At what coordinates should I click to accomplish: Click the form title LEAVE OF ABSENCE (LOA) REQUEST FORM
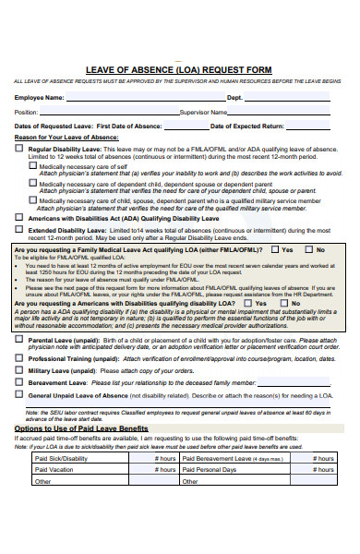pyautogui.click(x=179, y=68)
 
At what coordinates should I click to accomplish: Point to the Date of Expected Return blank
pyautogui.click(x=315, y=127)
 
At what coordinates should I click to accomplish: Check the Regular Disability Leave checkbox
pyautogui.click(x=19, y=148)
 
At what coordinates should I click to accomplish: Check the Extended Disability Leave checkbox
pyautogui.click(x=19, y=230)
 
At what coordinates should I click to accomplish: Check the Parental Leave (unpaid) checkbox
pyautogui.click(x=19, y=340)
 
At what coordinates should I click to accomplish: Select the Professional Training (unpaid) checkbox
pyautogui.click(x=19, y=357)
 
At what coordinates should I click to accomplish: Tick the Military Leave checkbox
pyautogui.click(x=19, y=369)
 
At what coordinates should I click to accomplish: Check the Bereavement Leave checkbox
pyautogui.click(x=19, y=381)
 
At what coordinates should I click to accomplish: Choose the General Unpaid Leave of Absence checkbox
pyautogui.click(x=19, y=394)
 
